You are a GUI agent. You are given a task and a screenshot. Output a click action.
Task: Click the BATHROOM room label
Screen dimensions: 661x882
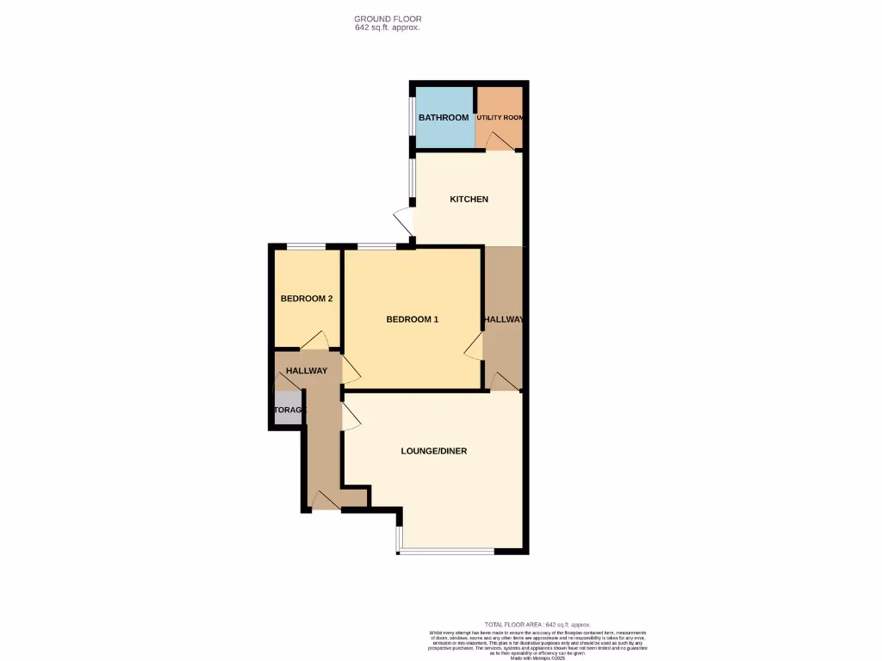click(444, 118)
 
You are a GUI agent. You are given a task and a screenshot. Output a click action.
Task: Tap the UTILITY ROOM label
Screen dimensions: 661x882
click(500, 118)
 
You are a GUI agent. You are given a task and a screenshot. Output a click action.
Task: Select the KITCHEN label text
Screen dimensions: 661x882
click(469, 200)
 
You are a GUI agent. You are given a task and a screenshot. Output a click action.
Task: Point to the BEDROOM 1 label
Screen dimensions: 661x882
click(413, 320)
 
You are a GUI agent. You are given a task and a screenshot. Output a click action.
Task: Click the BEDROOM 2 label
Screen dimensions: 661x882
click(307, 300)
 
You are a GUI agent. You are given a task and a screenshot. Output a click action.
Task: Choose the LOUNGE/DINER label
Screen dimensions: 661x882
click(434, 451)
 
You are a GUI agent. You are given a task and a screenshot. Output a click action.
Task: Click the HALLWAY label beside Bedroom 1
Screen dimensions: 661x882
click(504, 320)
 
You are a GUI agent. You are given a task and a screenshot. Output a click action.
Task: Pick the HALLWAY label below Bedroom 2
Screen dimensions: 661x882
click(307, 371)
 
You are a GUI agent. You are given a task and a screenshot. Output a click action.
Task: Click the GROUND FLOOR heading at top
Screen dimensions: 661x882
click(388, 18)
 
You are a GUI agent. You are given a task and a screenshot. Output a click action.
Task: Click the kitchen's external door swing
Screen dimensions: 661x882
click(403, 220)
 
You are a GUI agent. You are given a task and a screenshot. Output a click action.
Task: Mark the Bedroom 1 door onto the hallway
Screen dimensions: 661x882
click(473, 346)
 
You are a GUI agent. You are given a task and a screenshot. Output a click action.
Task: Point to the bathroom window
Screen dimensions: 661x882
click(412, 117)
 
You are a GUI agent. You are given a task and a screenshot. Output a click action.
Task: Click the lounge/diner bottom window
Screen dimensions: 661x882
click(445, 552)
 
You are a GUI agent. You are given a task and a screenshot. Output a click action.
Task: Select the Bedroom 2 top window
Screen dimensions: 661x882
click(307, 248)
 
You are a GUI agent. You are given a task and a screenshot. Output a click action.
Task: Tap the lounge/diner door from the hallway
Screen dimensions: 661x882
click(351, 417)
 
